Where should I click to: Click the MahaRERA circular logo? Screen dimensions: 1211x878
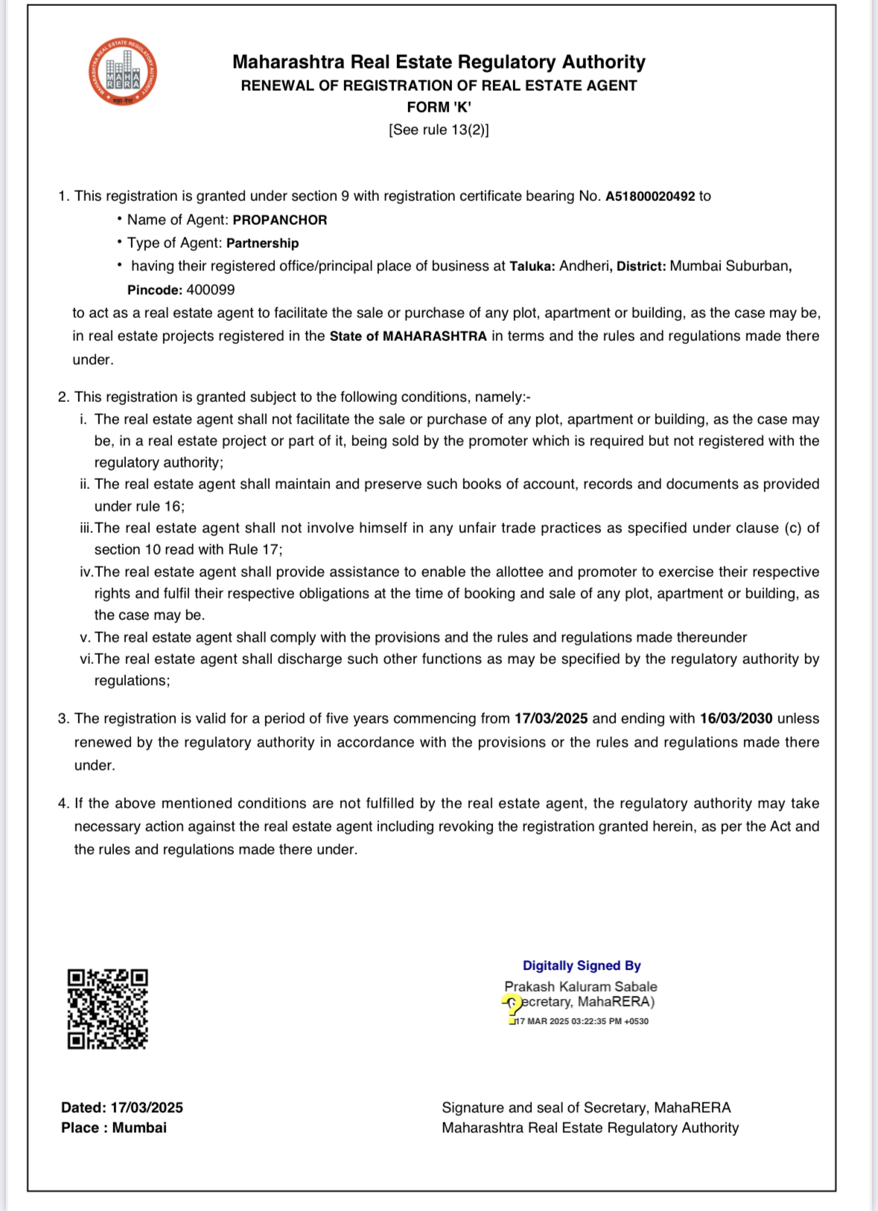[x=122, y=72]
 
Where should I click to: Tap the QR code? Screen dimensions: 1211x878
[x=108, y=1009]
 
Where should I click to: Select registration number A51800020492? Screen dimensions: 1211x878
[x=649, y=196]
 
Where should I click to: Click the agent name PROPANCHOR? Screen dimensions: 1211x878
[x=280, y=220]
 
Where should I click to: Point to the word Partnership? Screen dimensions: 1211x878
[x=262, y=243]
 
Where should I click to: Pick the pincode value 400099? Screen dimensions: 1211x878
[x=211, y=290]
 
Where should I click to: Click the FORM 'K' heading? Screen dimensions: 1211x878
[x=439, y=107]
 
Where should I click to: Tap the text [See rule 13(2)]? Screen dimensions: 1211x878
[x=439, y=130]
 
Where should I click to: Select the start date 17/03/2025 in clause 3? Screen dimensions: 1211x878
[x=551, y=719]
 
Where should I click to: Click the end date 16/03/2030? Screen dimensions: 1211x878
[x=736, y=719]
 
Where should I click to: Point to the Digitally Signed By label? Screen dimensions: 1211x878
[x=582, y=966]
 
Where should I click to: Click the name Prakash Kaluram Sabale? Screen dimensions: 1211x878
[x=581, y=987]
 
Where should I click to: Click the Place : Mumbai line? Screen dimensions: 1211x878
[x=114, y=1128]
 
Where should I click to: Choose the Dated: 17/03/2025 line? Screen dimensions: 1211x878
[x=122, y=1108]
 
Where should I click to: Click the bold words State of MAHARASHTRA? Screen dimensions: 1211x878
[x=408, y=336]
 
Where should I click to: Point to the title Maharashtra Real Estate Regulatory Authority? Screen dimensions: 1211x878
[x=439, y=62]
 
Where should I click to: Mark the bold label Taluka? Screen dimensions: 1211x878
[x=532, y=266]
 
